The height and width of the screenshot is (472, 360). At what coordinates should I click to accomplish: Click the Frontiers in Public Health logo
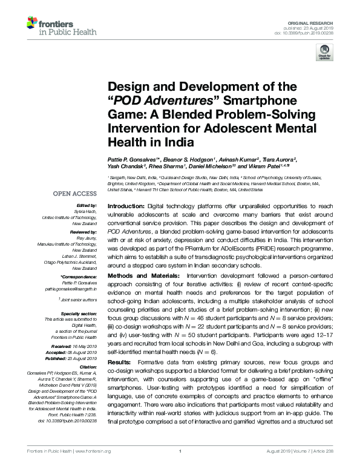pyautogui.click(x=57, y=27)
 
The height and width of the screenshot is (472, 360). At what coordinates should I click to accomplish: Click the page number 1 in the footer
pyautogui.click(x=180, y=468)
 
